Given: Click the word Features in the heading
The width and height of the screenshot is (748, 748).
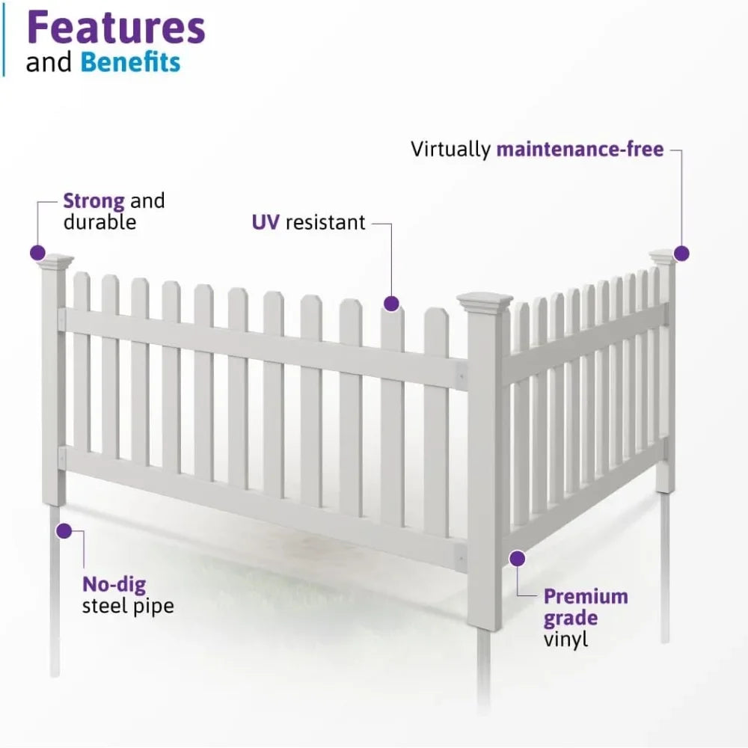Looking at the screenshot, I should (x=116, y=28).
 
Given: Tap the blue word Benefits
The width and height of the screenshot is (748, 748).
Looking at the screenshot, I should (x=131, y=62).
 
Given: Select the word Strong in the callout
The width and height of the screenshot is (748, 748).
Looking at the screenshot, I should (x=93, y=200).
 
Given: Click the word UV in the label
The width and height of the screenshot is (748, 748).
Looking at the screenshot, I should (x=265, y=222).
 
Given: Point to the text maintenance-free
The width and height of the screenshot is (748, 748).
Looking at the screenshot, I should (x=580, y=149).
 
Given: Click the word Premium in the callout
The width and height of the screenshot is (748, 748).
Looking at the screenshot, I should (x=586, y=596).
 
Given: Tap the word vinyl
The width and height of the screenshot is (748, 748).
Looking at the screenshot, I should (x=565, y=640).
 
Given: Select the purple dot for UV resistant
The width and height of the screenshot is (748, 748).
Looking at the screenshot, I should (x=391, y=303).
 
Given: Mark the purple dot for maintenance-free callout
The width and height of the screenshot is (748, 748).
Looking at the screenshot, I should (x=681, y=253).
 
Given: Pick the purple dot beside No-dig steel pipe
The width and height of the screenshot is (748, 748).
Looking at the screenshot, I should (x=64, y=531).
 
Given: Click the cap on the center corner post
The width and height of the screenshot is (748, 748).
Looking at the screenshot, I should (x=485, y=302).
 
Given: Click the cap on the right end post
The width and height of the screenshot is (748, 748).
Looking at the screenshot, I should (x=663, y=257).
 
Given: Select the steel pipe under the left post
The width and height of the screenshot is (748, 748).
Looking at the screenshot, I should (x=55, y=591).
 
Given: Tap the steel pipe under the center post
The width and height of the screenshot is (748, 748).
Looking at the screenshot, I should (x=484, y=666).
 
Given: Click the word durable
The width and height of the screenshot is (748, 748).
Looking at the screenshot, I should (x=99, y=222).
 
